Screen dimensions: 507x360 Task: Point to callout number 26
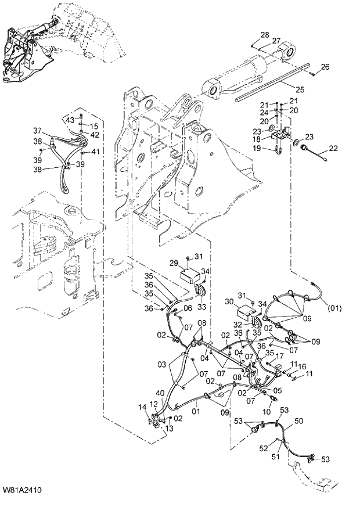(x=325, y=67)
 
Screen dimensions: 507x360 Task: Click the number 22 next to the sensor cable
(x=333, y=149)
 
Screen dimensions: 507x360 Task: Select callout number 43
(x=70, y=119)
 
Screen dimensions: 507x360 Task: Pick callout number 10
(x=267, y=411)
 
